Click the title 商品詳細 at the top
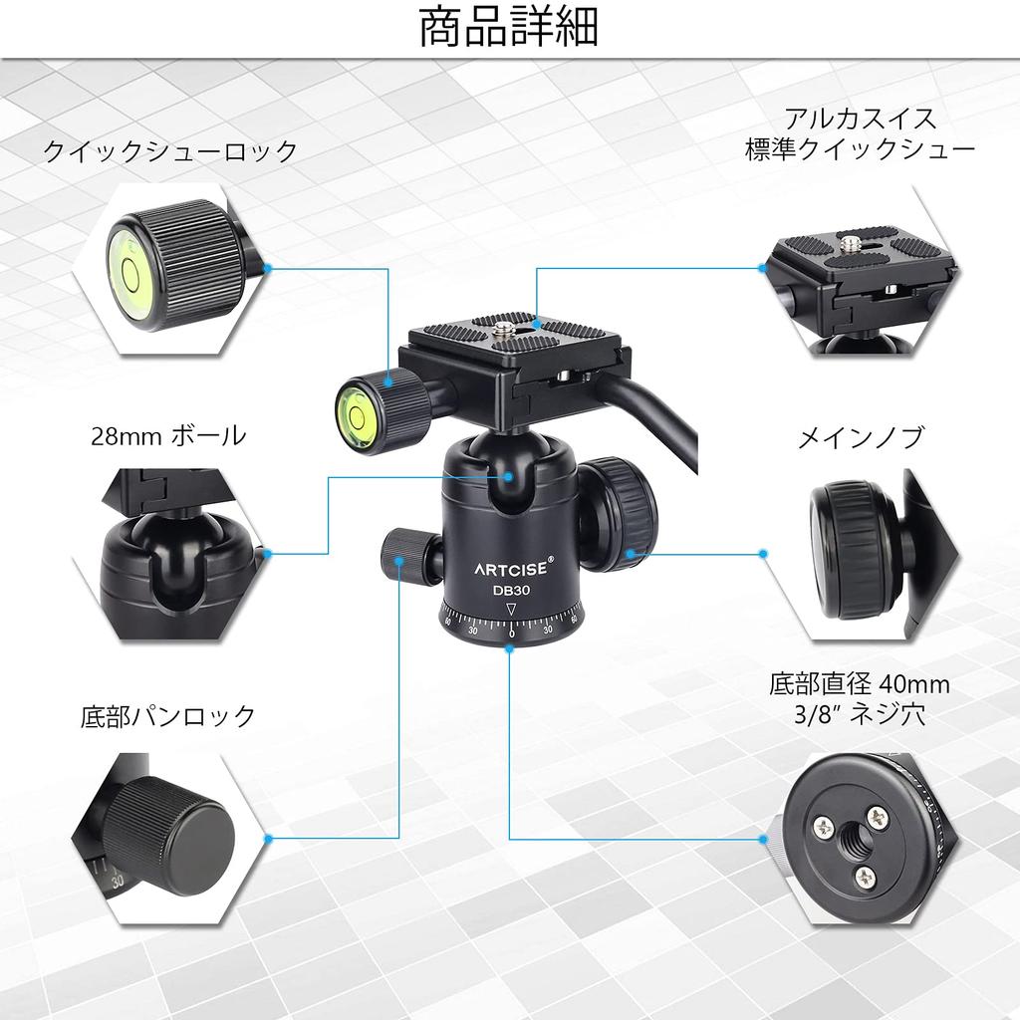click(509, 29)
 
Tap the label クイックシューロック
click(170, 151)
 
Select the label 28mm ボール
click(168, 435)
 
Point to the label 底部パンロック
click(168, 716)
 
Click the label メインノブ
click(860, 437)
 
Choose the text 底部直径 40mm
click(859, 684)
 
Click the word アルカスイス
click(860, 119)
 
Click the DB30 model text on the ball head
click(509, 589)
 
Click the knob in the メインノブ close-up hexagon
click(847, 549)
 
